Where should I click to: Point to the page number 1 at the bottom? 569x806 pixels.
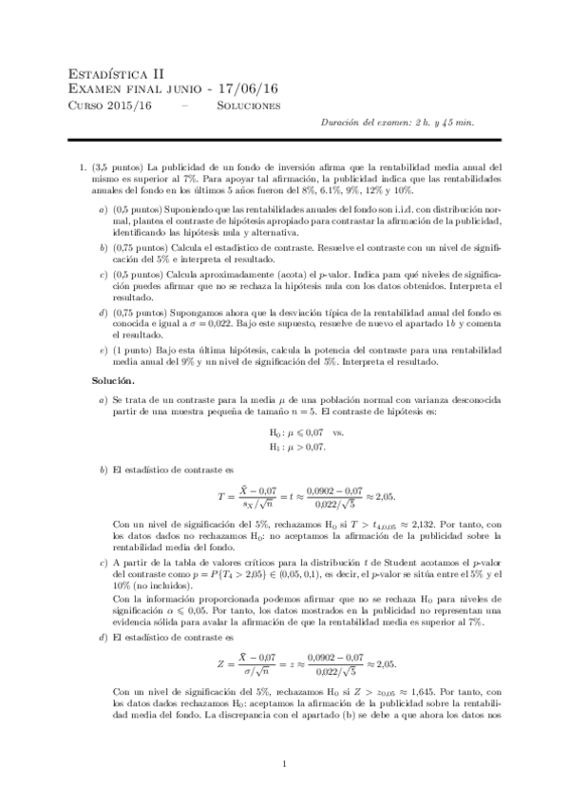[285, 763]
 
